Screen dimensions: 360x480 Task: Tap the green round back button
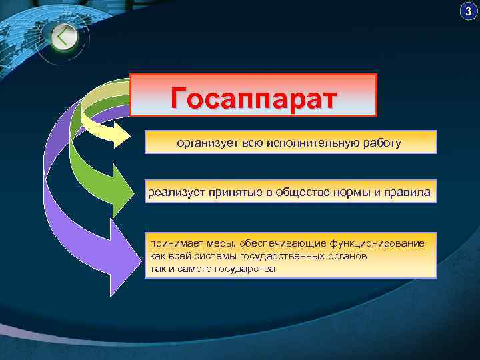63,37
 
